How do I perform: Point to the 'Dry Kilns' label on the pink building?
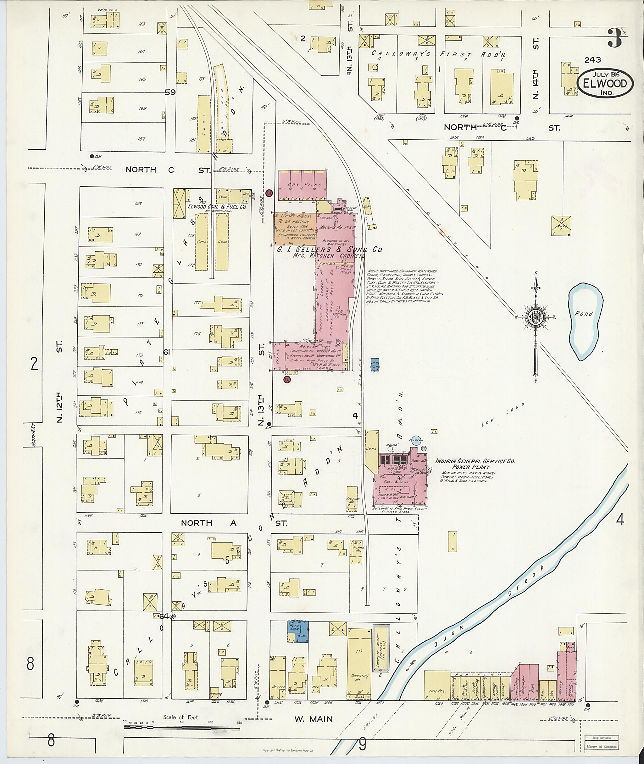coord(304,185)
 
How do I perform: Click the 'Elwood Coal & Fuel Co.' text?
coord(217,206)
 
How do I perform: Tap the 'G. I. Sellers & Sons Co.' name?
coord(329,249)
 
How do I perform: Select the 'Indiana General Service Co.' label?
coord(475,461)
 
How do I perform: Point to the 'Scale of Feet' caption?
coord(181,717)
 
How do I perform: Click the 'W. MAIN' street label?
coord(314,719)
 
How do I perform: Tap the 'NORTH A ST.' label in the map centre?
coord(234,523)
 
